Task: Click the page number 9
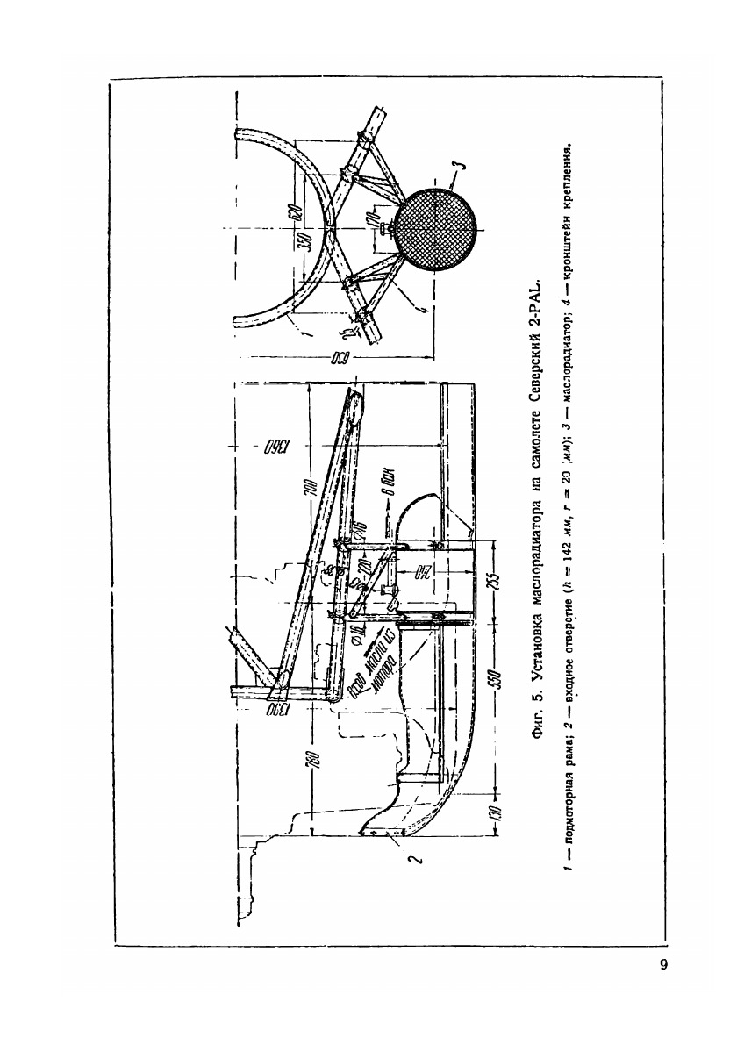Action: click(664, 966)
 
